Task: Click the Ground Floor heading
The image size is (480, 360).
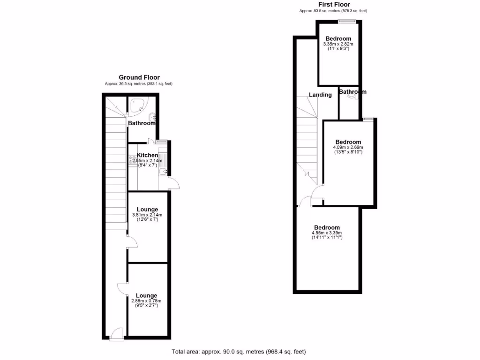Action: point(139,77)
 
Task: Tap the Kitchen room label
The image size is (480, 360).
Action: point(147,155)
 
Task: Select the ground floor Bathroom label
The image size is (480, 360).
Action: point(142,123)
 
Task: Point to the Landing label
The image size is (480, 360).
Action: point(320,95)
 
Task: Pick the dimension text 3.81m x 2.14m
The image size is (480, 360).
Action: point(147,215)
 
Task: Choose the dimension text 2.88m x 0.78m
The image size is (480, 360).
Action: point(147,301)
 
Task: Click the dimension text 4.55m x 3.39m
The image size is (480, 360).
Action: point(327,233)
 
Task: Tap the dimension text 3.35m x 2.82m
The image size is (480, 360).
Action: point(338,44)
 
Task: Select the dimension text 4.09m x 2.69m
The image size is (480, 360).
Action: point(348,147)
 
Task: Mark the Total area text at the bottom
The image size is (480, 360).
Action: point(239,352)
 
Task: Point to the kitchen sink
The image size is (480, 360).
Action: point(162,172)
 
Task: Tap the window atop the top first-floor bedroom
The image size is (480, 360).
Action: point(347,21)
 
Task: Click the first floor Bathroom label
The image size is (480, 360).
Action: point(352,92)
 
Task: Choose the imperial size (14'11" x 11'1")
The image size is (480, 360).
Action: point(327,238)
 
